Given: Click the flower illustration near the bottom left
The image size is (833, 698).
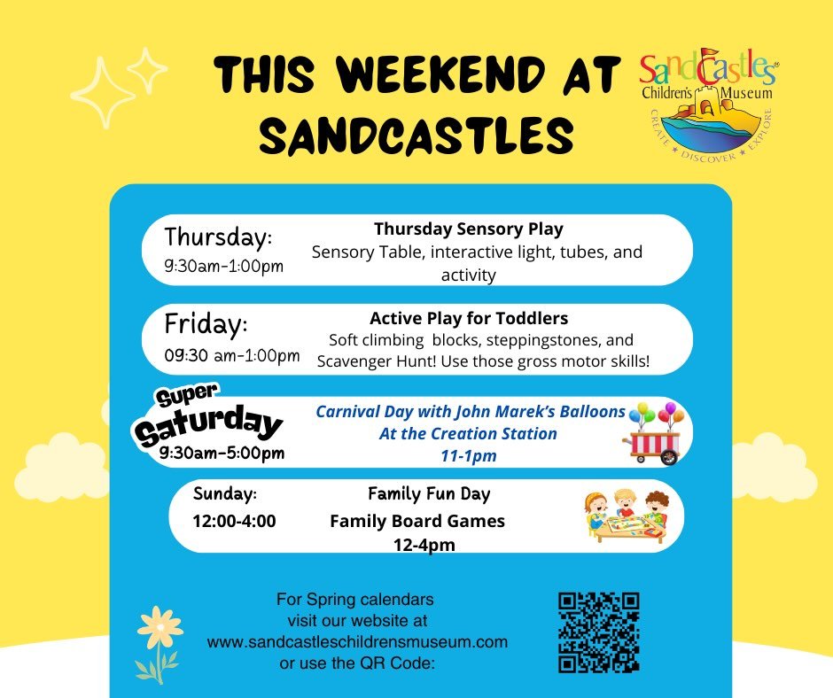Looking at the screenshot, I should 160,642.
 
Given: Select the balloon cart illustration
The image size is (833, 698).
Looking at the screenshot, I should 656,431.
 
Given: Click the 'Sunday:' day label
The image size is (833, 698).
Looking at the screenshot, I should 225,493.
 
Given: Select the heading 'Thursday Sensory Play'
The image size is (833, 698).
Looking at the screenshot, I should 468,229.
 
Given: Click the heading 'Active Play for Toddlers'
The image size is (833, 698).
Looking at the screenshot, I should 468,317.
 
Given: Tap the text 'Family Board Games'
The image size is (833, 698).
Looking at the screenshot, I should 417,521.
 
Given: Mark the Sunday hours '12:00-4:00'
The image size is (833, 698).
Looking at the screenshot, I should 234,521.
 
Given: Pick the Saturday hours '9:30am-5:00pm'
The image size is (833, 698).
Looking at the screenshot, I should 222,453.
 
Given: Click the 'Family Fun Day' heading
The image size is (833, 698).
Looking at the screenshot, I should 429,493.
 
